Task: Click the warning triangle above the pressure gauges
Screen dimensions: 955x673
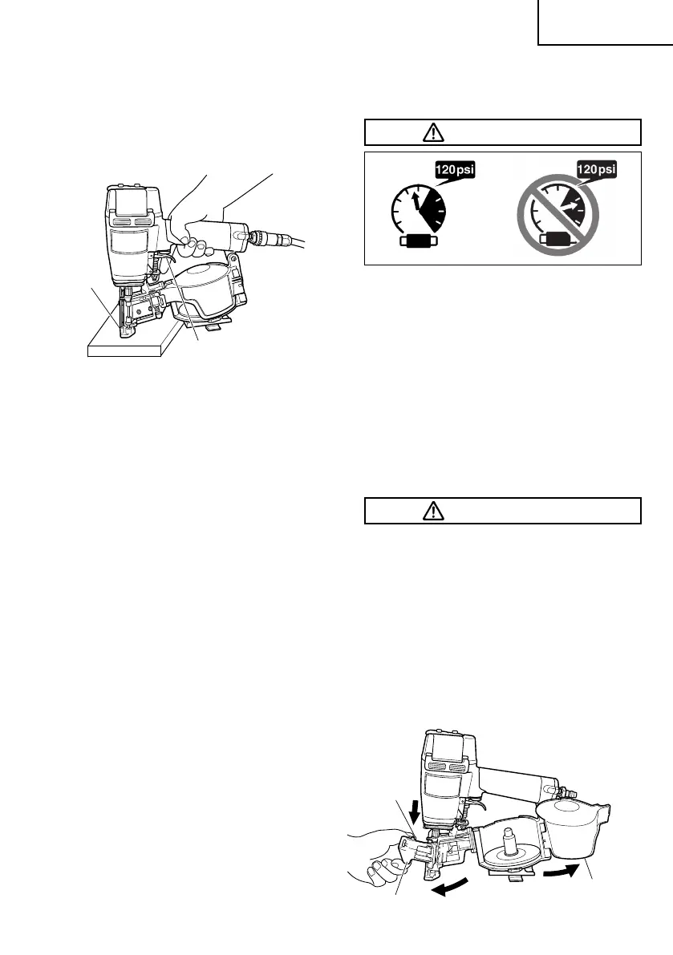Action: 433,132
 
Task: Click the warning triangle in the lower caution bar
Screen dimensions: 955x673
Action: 433,511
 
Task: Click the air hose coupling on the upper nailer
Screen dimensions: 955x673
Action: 263,237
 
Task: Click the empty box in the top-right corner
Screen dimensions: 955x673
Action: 604,22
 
